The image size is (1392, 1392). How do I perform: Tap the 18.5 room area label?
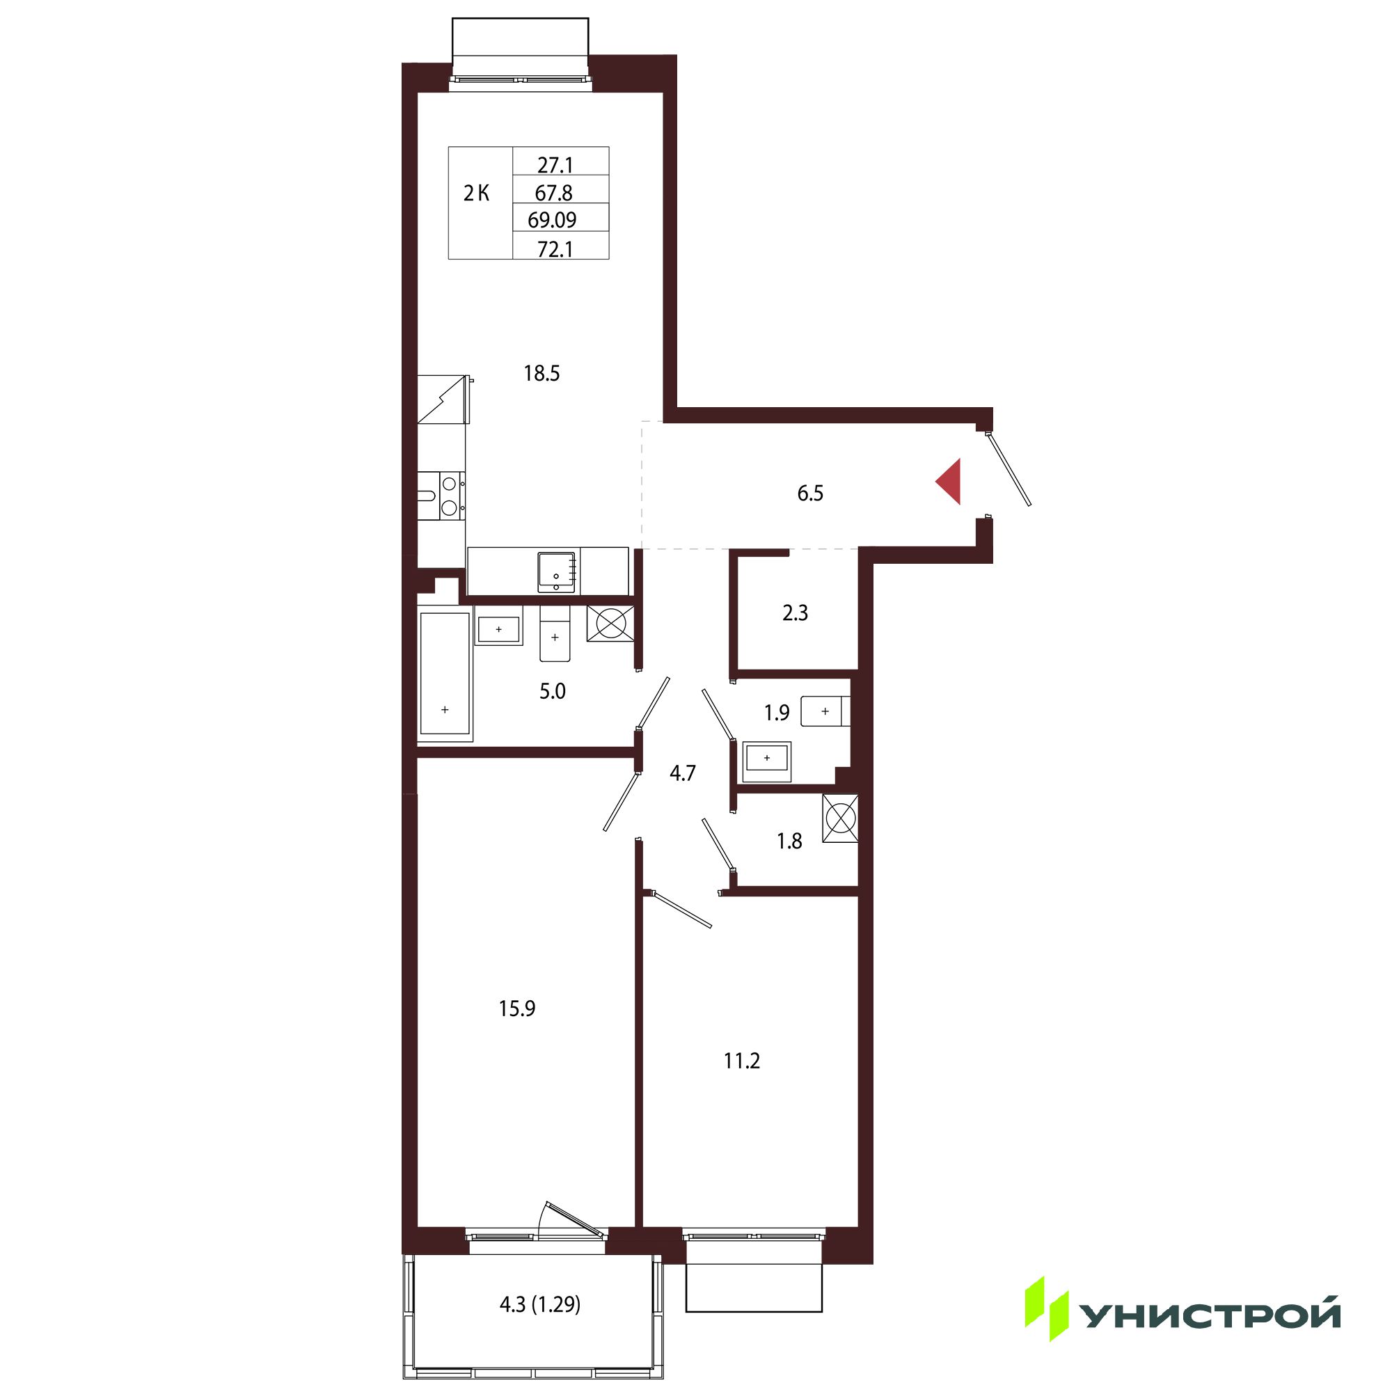point(541,373)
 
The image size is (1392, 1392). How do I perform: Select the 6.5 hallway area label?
point(810,493)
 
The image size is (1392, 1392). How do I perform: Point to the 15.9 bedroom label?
point(516,1009)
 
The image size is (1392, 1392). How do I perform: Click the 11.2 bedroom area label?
point(742,1061)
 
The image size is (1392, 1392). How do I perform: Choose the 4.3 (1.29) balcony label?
point(539,1305)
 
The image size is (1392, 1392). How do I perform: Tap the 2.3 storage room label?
point(795,613)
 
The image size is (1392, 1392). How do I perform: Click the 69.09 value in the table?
point(552,220)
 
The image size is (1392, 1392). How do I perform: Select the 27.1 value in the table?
point(555,166)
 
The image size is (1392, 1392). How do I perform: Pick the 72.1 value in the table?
point(555,249)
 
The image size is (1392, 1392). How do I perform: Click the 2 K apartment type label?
point(476,193)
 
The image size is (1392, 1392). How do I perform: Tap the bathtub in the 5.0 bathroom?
point(445,673)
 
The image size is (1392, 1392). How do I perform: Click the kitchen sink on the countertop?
point(556,573)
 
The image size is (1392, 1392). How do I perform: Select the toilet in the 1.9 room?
point(825,711)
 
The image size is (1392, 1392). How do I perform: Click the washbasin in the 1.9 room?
point(766,758)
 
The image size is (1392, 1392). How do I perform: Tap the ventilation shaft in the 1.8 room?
point(840,818)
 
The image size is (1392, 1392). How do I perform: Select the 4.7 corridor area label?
point(682,774)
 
